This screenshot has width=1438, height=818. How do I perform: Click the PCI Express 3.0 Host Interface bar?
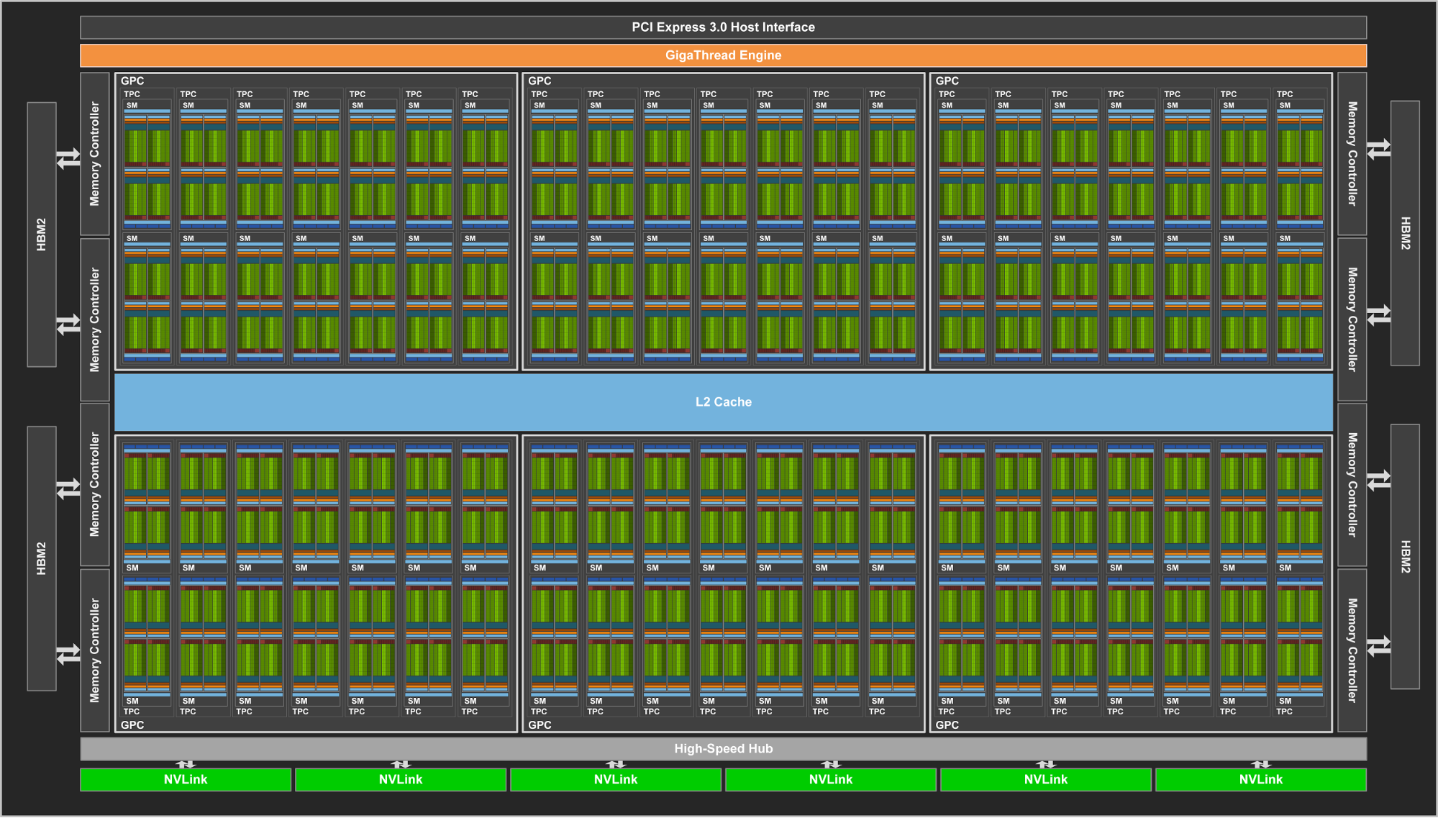click(x=723, y=27)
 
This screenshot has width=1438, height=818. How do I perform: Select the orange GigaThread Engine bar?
click(x=723, y=55)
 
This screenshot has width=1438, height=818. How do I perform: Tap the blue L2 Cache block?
click(x=723, y=402)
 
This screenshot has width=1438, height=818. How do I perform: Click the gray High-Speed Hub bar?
click(x=723, y=749)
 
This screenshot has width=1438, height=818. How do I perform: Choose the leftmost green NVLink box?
click(x=186, y=780)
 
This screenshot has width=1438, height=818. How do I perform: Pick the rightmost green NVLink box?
click(x=1260, y=780)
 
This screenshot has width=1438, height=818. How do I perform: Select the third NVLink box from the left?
click(x=615, y=780)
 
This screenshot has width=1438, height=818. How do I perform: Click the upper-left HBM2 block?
click(x=42, y=235)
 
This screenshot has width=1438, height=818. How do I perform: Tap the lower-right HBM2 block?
click(x=1405, y=556)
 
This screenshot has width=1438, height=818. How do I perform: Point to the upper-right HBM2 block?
click(x=1405, y=233)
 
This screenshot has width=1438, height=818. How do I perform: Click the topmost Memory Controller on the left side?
click(x=95, y=154)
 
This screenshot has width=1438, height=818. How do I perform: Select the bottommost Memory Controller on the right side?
click(x=1352, y=650)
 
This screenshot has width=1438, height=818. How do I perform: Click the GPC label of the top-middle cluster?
click(x=540, y=81)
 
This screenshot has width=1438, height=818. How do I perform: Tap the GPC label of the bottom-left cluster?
click(x=132, y=725)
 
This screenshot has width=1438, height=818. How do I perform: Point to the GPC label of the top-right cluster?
click(x=947, y=81)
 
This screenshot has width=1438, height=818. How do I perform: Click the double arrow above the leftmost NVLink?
click(x=186, y=764)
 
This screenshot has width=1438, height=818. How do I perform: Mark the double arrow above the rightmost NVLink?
click(x=1260, y=764)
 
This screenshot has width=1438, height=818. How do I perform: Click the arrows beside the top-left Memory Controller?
click(x=68, y=158)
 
